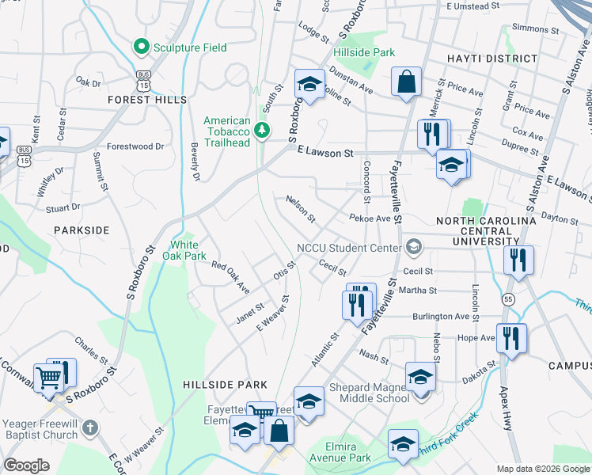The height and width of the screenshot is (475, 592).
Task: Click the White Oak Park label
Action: (184, 250)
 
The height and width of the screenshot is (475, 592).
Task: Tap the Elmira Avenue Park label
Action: (348, 453)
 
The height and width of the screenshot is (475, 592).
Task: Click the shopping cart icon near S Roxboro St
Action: (49, 377)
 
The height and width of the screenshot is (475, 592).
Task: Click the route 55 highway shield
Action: (507, 298)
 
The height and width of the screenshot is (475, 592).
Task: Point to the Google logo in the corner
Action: (26, 465)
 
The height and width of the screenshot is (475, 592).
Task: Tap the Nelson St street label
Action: (301, 209)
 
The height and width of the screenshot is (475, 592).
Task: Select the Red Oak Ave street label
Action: (230, 275)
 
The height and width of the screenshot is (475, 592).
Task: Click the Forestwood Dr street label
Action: (135, 146)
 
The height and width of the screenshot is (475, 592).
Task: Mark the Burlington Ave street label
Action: (441, 316)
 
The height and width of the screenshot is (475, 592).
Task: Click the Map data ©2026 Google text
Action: (542, 469)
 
